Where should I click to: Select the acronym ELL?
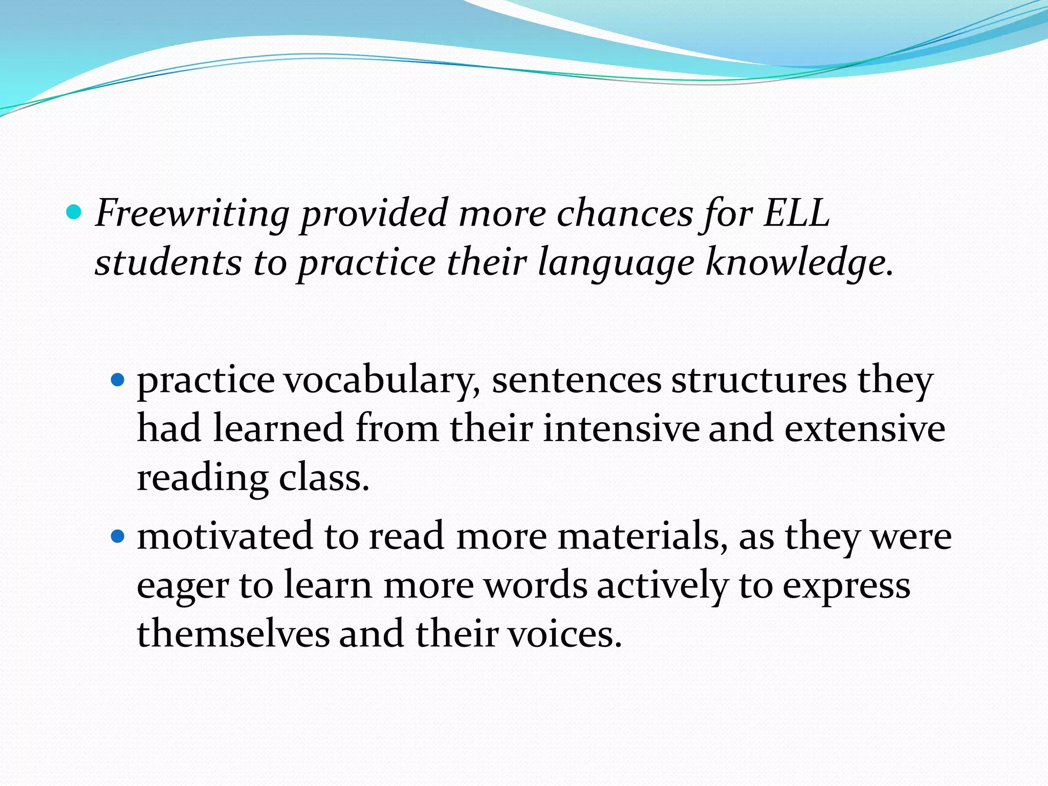tap(796, 213)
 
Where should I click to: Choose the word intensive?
tap(621, 429)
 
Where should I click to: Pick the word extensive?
tap(865, 429)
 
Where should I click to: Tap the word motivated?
tap(225, 536)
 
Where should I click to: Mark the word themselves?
tap(233, 634)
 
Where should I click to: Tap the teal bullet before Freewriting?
tap(74, 212)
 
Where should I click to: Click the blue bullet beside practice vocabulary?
tap(118, 380)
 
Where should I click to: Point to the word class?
tap(323, 479)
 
